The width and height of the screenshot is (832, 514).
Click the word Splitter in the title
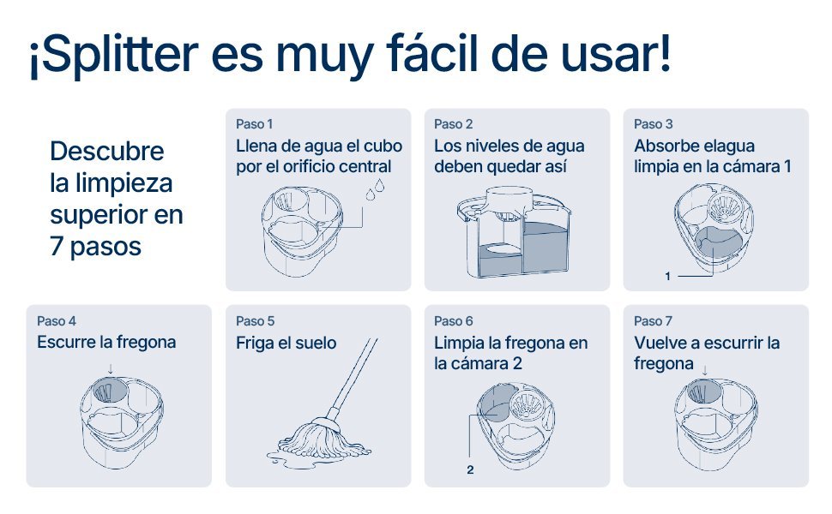click(x=119, y=55)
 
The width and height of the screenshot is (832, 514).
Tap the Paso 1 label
click(x=254, y=124)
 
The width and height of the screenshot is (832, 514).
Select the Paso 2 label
click(x=453, y=124)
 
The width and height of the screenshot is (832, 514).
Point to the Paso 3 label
click(x=654, y=124)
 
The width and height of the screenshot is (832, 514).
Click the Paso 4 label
click(x=57, y=321)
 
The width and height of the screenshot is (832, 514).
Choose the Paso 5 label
click(x=256, y=321)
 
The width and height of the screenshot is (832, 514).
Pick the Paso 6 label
click(x=453, y=321)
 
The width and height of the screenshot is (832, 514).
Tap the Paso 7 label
click(x=654, y=321)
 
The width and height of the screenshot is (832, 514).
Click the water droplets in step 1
click(x=375, y=189)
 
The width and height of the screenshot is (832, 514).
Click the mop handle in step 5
click(x=353, y=376)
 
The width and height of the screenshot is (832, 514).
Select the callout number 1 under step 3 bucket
click(x=667, y=276)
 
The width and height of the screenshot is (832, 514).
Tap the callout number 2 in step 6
click(x=470, y=469)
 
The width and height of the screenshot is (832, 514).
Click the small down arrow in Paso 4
click(x=111, y=369)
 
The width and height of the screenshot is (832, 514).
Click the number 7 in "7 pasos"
click(x=57, y=247)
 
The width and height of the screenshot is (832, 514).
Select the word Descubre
click(x=106, y=151)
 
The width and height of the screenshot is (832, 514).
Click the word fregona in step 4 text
click(x=146, y=343)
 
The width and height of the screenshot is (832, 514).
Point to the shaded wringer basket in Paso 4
click(x=110, y=390)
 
